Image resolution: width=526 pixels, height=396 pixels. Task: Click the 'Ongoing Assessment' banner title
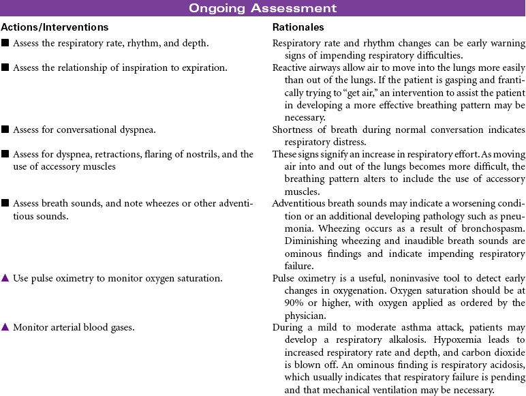click(262, 8)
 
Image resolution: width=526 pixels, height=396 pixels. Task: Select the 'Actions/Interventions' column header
click(54, 28)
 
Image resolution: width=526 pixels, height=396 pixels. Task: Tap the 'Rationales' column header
click(298, 28)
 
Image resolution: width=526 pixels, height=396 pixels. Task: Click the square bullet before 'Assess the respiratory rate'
click(5, 44)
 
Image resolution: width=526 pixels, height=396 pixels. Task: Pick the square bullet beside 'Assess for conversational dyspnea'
click(5, 129)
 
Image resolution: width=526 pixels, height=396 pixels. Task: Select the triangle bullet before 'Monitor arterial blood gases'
click(5, 327)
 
